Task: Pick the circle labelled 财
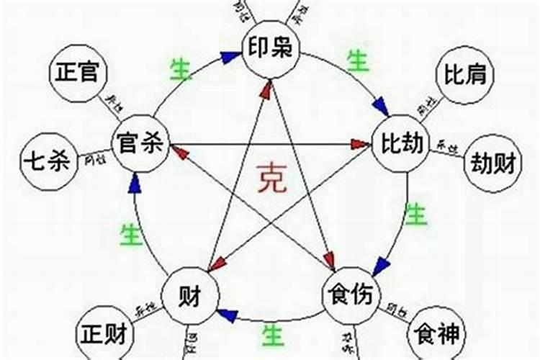tap(191, 295)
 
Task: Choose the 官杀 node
tap(140, 144)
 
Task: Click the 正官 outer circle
tap(78, 73)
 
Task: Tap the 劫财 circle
tap(493, 164)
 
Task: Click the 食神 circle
tap(438, 335)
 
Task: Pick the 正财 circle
tap(105, 335)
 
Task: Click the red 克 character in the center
tap(272, 179)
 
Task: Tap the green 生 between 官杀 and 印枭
tap(180, 70)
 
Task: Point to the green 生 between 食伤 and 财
tap(271, 334)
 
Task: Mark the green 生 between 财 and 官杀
tap(130, 234)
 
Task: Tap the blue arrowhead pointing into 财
tap(227, 315)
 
